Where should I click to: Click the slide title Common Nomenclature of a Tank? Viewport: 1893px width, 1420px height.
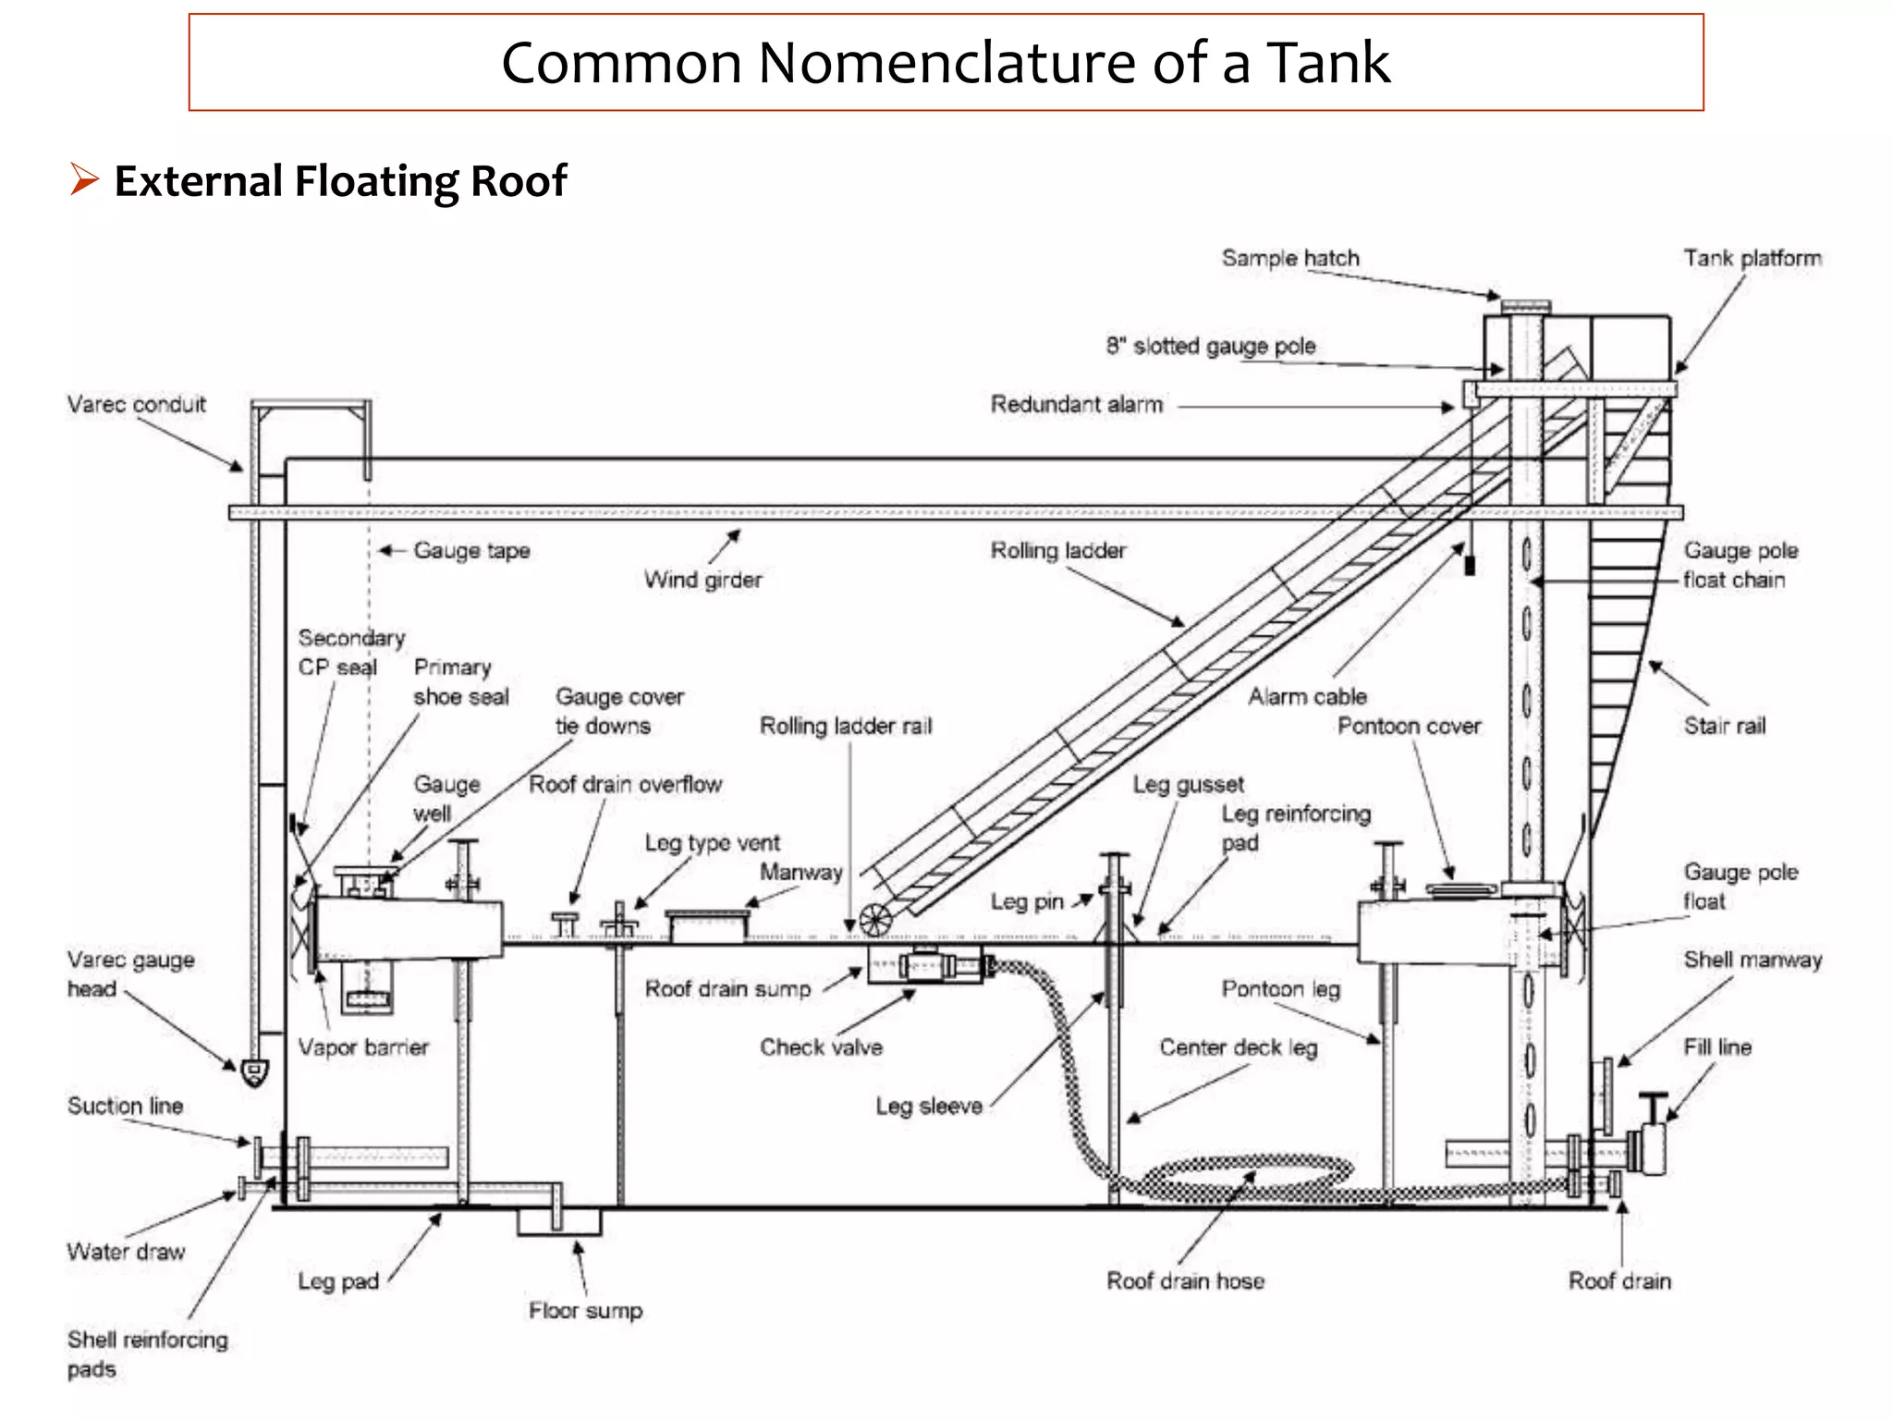[x=945, y=63]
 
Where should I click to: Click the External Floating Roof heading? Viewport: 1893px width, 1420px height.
[x=339, y=181]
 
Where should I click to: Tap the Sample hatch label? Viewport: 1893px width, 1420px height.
[x=1289, y=258]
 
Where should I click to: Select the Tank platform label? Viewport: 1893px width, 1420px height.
[x=1752, y=258]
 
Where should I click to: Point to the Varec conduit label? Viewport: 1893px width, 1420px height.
[x=136, y=404]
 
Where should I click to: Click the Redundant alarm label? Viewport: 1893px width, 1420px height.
[x=1076, y=404]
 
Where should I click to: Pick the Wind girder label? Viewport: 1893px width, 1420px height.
[x=702, y=580]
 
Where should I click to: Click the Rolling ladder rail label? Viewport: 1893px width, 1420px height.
[x=845, y=726]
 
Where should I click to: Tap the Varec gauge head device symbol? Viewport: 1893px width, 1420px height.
[x=254, y=1071]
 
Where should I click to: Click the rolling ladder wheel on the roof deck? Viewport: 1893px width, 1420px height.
[x=874, y=920]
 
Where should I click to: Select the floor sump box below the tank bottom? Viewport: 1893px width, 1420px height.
[x=558, y=1222]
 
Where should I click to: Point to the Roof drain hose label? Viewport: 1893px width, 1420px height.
[x=1185, y=1280]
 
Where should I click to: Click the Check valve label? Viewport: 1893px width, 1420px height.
[x=821, y=1047]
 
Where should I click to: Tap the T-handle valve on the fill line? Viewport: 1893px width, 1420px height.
[x=1653, y=1105]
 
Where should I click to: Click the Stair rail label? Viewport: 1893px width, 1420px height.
[x=1724, y=726]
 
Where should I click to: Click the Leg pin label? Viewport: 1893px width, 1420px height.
[x=1026, y=901]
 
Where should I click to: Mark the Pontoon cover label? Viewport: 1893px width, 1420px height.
[x=1409, y=726]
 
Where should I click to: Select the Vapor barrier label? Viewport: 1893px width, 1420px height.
[x=363, y=1047]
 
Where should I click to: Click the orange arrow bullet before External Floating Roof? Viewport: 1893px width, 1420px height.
[x=83, y=178]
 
